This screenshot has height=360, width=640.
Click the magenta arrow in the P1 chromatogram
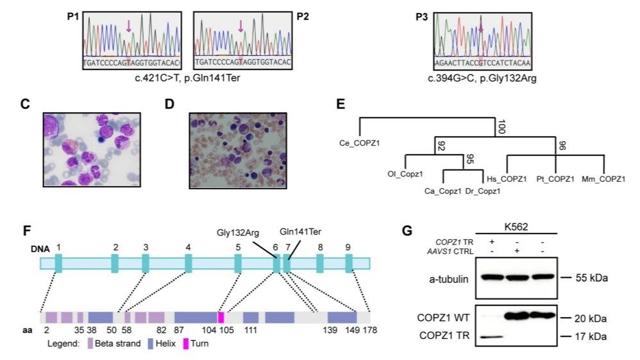pos(128,26)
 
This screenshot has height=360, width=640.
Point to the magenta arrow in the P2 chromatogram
pos(240,26)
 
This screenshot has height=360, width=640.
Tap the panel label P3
pos(421,17)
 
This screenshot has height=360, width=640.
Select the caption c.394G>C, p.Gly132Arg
pos(482,78)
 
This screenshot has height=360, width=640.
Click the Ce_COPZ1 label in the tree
pos(360,143)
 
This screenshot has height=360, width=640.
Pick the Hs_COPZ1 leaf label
pos(507,179)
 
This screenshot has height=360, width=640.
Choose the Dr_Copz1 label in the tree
pos(483,191)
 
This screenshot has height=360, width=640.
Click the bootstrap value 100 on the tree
pos(501,126)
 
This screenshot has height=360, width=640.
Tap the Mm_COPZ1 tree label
pos(603,179)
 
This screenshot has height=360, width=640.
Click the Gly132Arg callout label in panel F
pos(238,232)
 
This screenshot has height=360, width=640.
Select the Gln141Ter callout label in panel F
pos(300,232)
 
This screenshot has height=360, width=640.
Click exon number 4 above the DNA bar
pos(188,247)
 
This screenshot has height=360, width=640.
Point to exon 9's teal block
pos(349,263)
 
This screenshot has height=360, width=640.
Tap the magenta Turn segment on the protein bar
pos(221,318)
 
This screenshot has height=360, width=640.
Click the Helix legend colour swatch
pos(151,343)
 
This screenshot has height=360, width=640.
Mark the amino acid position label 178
pos(370,330)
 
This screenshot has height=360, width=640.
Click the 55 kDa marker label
pos(591,278)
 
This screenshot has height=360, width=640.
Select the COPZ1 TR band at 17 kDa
pos(492,337)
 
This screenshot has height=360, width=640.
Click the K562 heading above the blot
pos(516,227)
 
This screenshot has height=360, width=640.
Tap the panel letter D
pos(169,104)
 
